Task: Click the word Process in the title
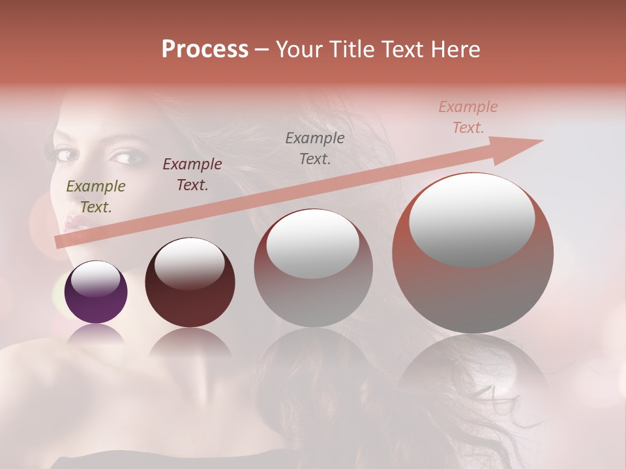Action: pos(205,50)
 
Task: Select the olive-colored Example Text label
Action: pos(96,197)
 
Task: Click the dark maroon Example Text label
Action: pos(192,174)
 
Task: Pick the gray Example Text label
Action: pos(315,148)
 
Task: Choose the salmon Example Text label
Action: pos(468,117)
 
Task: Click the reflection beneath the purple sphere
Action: pos(96,335)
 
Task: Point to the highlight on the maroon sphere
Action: pos(189,264)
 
